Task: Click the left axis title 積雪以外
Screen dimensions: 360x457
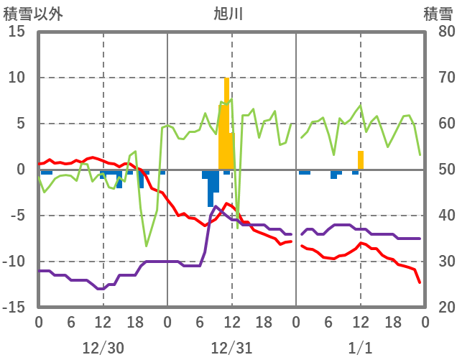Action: (32, 13)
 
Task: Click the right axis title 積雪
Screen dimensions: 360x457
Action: (438, 13)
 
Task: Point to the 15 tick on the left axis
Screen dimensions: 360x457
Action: (17, 32)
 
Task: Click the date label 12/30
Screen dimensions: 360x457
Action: (103, 348)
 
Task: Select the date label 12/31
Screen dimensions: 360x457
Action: (231, 348)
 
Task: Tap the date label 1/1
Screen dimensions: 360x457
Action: (360, 348)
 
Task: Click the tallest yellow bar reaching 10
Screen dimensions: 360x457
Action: (226, 122)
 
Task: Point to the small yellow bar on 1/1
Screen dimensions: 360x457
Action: (361, 160)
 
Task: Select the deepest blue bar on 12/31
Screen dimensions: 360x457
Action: (211, 188)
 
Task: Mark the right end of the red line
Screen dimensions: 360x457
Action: (420, 282)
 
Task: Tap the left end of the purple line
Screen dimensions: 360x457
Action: (40, 271)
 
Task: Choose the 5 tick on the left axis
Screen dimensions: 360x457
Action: (21, 124)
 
